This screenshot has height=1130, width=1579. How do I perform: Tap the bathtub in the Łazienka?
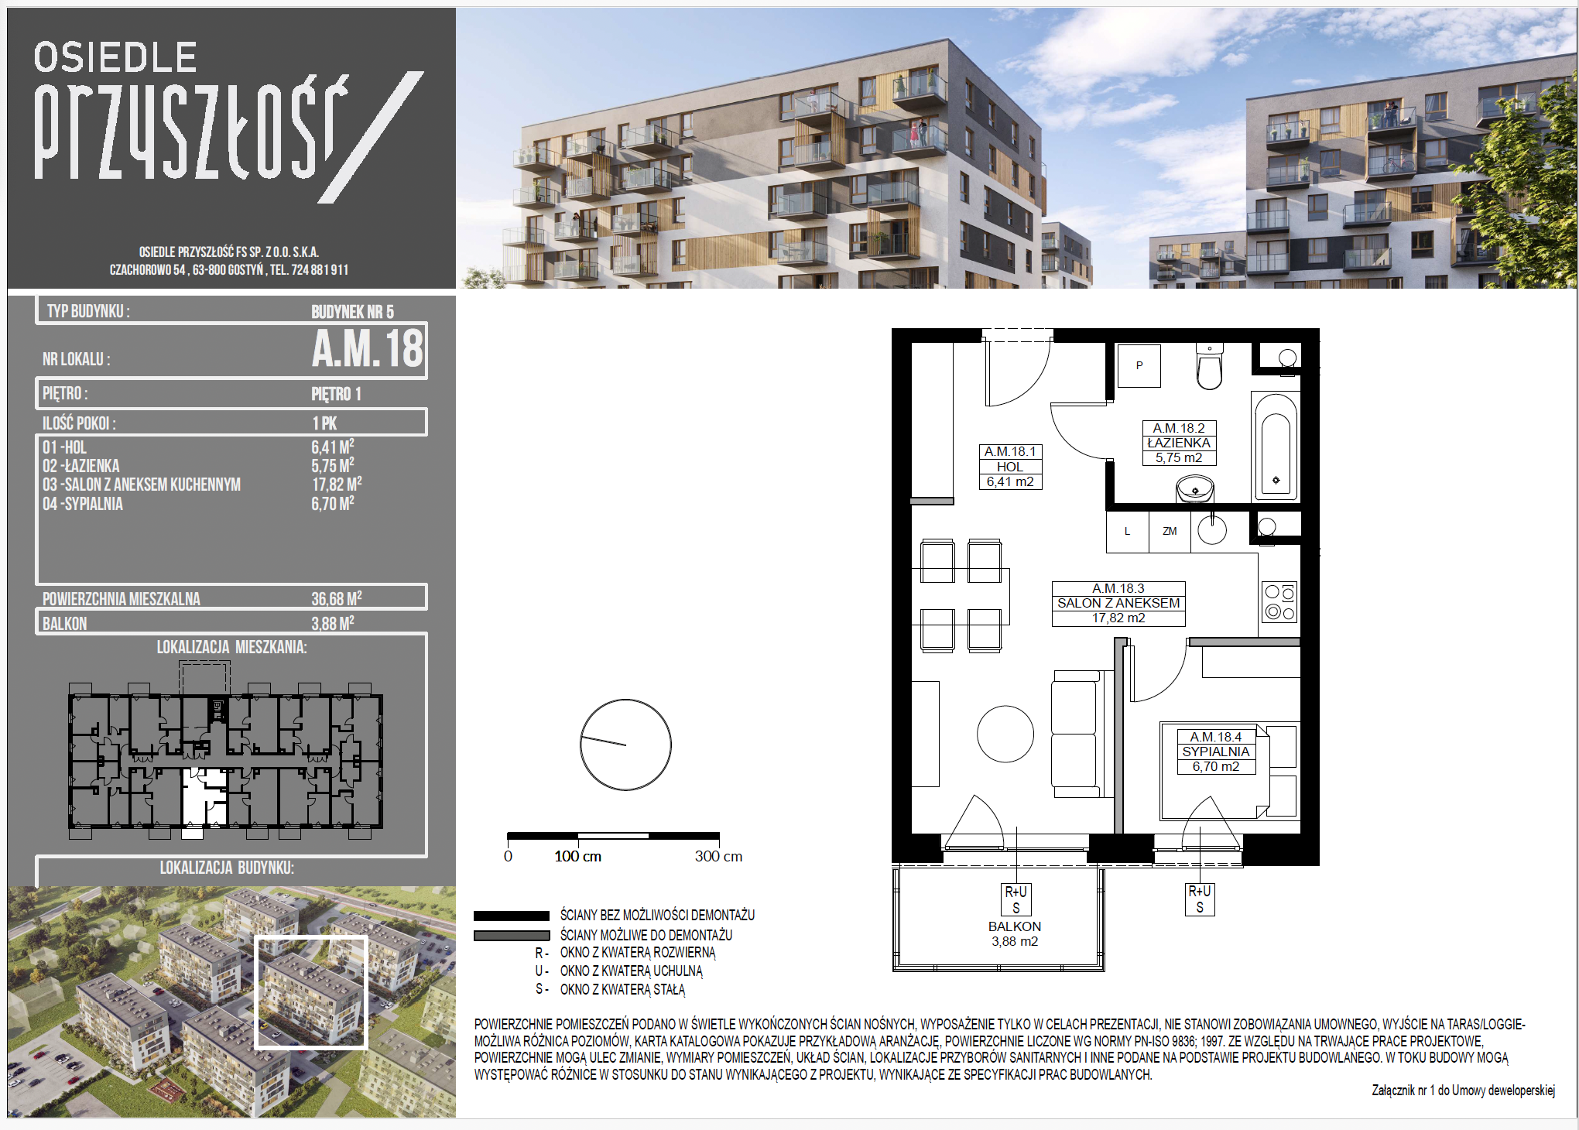(x=1276, y=447)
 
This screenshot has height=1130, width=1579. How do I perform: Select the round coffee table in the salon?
(x=1005, y=734)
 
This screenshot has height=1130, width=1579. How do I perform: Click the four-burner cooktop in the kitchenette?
(x=1279, y=603)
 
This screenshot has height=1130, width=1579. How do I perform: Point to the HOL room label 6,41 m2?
(x=1010, y=467)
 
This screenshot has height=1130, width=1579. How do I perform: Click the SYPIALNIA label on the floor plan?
(x=1216, y=752)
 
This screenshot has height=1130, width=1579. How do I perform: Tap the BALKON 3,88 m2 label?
(x=1015, y=933)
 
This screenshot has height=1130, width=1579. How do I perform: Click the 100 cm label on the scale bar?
(x=577, y=856)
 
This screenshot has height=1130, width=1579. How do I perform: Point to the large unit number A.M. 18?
(x=368, y=348)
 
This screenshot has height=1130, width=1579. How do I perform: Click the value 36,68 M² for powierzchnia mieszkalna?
(x=337, y=598)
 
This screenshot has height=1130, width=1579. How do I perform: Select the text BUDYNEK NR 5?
(x=352, y=312)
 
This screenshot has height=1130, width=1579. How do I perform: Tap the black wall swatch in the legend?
(x=512, y=916)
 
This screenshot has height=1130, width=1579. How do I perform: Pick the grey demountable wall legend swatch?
(x=512, y=935)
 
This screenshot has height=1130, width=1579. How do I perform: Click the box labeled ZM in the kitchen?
(x=1170, y=532)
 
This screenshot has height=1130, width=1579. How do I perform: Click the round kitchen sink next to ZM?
(x=1212, y=531)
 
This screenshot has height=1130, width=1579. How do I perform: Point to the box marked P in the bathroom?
(x=1139, y=365)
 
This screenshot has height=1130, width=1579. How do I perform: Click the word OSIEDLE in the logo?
(x=115, y=58)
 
